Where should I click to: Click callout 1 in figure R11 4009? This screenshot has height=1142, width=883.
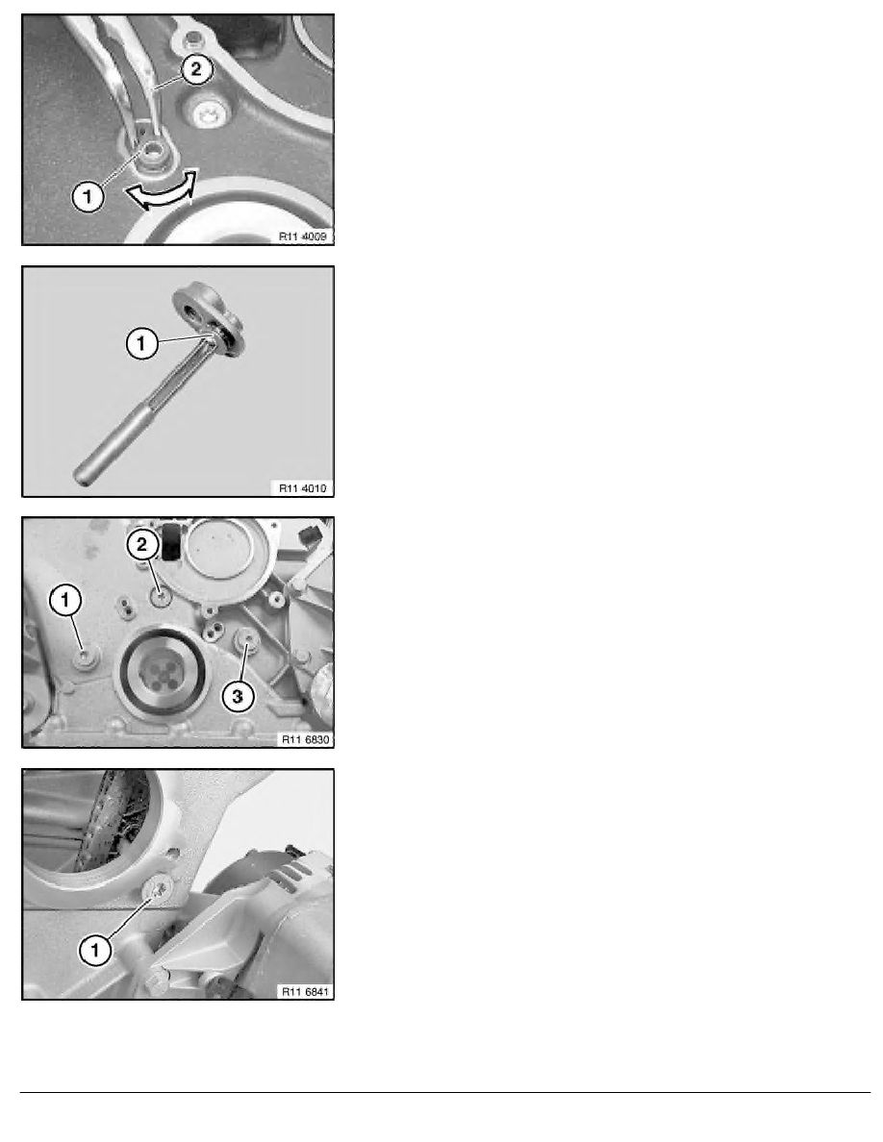click(x=88, y=197)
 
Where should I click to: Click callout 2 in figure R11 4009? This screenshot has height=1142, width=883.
click(x=194, y=69)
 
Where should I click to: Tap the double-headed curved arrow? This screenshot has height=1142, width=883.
click(x=162, y=191)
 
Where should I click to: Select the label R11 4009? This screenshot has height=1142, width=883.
click(x=302, y=236)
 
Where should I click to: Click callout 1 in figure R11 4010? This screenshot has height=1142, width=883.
click(x=141, y=342)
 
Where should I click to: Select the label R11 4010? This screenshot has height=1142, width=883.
click(x=302, y=488)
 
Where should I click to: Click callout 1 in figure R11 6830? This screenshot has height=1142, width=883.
click(x=65, y=600)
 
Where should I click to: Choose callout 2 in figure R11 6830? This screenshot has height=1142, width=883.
click(x=142, y=544)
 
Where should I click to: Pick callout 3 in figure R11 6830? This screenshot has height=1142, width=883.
click(x=238, y=696)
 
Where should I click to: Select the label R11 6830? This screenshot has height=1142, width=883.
click(x=305, y=739)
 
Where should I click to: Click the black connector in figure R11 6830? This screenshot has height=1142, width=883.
click(x=169, y=541)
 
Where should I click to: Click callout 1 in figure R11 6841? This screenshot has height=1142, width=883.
click(x=94, y=949)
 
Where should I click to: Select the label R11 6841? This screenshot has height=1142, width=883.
click(x=305, y=991)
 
